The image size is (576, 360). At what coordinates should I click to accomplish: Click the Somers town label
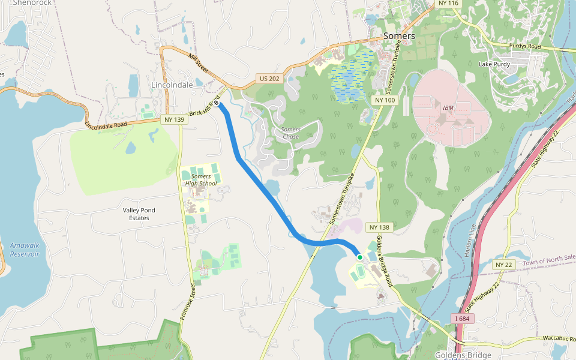click(399, 36)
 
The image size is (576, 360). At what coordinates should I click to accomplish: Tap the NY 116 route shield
click(448, 4)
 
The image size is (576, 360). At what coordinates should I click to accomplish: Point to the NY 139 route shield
click(174, 119)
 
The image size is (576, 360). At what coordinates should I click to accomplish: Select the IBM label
click(448, 108)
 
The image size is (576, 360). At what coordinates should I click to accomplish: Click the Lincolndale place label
click(172, 85)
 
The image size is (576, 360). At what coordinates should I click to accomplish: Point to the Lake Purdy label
click(494, 64)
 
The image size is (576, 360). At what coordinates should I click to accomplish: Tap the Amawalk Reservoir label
click(25, 250)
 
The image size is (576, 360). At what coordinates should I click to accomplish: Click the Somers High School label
click(201, 179)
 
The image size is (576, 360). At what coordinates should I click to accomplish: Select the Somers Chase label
click(291, 133)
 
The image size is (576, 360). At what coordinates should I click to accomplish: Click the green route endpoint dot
click(360, 257)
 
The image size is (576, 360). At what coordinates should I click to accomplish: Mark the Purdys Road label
click(525, 46)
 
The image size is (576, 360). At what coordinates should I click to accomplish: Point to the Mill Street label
click(198, 64)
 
